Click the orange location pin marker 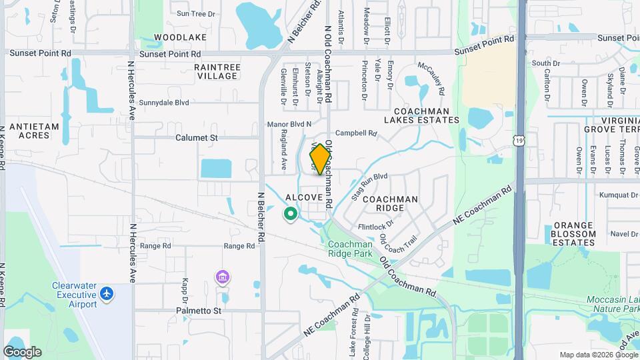click(320, 159)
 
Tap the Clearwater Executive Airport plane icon click(107, 293)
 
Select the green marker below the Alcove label click(290, 214)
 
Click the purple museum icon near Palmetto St click(223, 277)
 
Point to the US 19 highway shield click(519, 140)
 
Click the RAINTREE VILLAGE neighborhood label click(215, 71)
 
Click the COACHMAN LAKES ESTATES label click(422, 115)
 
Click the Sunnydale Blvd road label click(164, 103)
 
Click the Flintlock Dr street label click(377, 226)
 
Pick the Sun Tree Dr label click(197, 13)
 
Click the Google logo click(22, 351)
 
